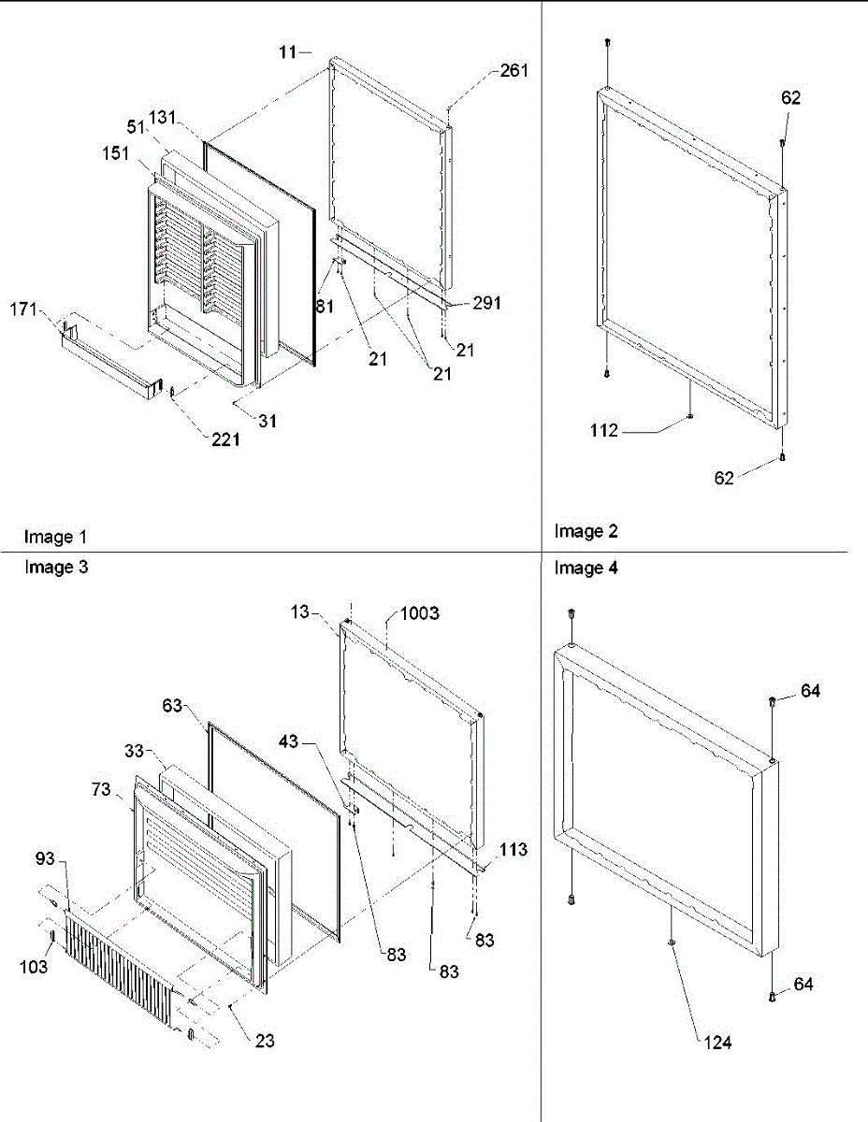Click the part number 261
pyautogui.click(x=514, y=71)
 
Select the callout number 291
pyautogui.click(x=486, y=303)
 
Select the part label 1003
pyautogui.click(x=421, y=613)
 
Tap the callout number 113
pyautogui.click(x=513, y=850)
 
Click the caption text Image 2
pyautogui.click(x=586, y=532)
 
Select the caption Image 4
pyautogui.click(x=586, y=568)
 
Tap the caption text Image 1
pyautogui.click(x=55, y=538)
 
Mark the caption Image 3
pyautogui.click(x=55, y=567)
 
